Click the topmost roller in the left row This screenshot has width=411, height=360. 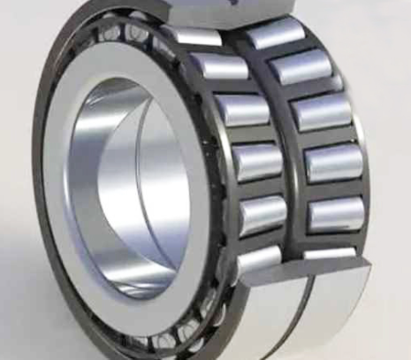pyautogui.click(x=193, y=35)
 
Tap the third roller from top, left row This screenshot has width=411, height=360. pyautogui.click(x=240, y=110)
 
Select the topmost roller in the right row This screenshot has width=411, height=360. pyautogui.click(x=274, y=34)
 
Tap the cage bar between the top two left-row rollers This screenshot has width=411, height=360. pyautogui.click(x=205, y=52)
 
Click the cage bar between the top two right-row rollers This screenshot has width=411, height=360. pyautogui.click(x=287, y=52)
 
